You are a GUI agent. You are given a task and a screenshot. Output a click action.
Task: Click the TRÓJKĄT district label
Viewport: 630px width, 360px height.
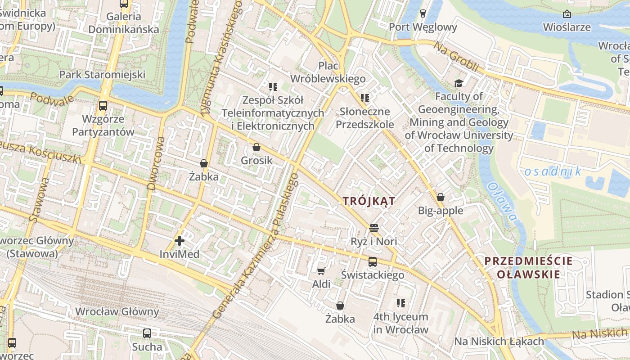pyautogui.click(x=369, y=201)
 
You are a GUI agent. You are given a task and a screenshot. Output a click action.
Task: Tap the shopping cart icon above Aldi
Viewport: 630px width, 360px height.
pyautogui.click(x=321, y=270)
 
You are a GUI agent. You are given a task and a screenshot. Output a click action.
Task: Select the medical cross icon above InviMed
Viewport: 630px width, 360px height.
pyautogui.click(x=180, y=241)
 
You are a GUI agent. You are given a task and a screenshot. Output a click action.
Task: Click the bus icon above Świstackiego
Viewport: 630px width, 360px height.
pyautogui.click(x=373, y=261)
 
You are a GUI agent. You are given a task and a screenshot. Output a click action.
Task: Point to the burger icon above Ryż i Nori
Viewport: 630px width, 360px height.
pyautogui.click(x=373, y=228)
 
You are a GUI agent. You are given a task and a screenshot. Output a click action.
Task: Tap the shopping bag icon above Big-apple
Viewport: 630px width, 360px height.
pyautogui.click(x=441, y=197)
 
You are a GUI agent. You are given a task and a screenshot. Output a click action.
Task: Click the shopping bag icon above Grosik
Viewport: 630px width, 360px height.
pyautogui.click(x=256, y=147)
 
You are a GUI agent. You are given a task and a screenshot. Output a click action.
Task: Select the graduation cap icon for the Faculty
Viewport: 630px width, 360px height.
pyautogui.click(x=459, y=83)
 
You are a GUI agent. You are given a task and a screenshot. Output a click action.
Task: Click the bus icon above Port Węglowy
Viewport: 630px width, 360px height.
pyautogui.click(x=423, y=13)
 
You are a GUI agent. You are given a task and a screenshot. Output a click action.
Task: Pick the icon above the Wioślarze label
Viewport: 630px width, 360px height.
pyautogui.click(x=567, y=14)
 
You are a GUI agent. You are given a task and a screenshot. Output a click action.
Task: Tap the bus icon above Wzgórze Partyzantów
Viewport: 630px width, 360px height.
pyautogui.click(x=103, y=106)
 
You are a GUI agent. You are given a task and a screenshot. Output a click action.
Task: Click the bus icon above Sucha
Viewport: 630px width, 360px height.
pyautogui.click(x=147, y=333)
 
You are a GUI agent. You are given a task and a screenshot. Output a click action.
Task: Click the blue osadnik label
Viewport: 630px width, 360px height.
pyautogui.click(x=553, y=171)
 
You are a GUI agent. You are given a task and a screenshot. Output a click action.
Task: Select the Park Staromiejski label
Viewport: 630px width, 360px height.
pyautogui.click(x=103, y=74)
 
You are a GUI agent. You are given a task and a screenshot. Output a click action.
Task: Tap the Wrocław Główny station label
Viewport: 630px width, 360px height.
pyautogui.click(x=117, y=311)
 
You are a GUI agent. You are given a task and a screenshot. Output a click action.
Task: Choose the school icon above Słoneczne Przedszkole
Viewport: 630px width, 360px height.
pyautogui.click(x=364, y=98)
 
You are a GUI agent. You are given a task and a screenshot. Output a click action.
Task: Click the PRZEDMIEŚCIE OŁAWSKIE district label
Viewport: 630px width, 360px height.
pyautogui.click(x=522, y=267)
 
